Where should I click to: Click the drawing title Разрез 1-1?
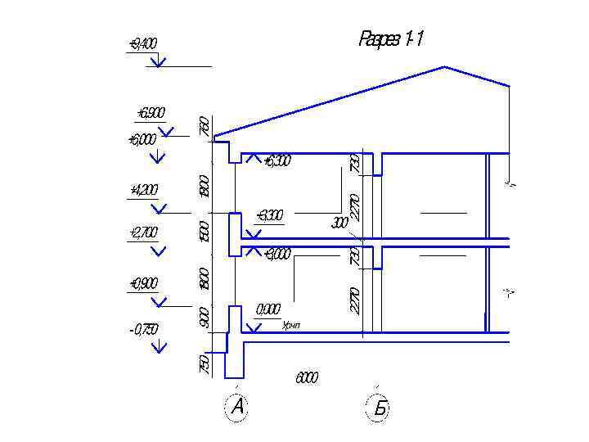391,39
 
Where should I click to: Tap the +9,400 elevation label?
142,43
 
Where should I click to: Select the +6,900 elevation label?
151,113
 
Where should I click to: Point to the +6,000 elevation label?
142,140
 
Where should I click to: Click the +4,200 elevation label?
144,191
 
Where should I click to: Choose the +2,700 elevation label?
143,233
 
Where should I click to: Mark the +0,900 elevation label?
143,284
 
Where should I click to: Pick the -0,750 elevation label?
143,330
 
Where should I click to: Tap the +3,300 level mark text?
270,216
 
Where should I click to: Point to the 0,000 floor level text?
268,309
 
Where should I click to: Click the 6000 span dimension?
307,378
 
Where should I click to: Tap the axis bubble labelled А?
237,407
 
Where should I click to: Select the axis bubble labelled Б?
379,408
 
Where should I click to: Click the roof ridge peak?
444,67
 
